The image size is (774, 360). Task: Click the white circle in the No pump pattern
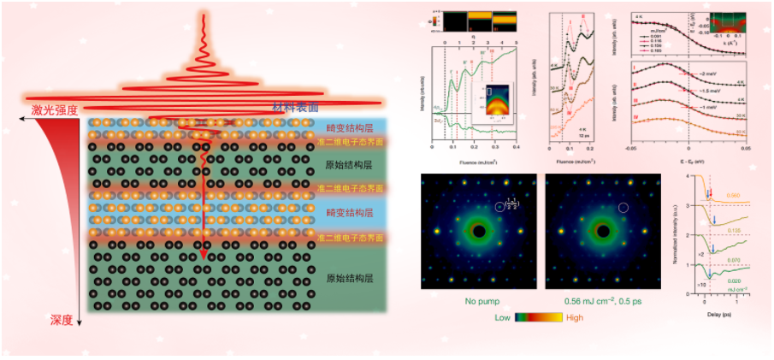[502, 207]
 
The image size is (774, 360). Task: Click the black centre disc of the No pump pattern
[480, 232]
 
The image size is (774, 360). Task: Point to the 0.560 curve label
[733, 196]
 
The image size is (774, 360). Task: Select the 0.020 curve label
[734, 280]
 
